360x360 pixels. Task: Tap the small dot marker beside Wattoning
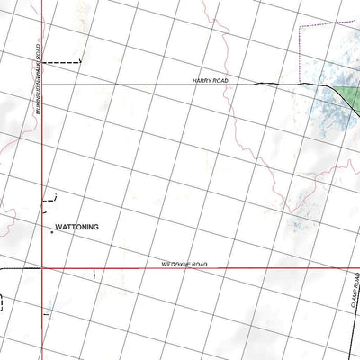coord(51,233)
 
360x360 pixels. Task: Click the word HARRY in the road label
coord(201,80)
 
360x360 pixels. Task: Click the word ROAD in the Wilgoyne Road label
coord(198,264)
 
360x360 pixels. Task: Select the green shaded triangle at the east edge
coord(346,91)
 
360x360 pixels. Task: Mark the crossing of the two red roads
coord(42,268)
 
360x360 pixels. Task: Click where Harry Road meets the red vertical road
coord(42,84)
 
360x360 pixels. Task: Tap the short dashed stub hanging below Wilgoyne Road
coord(94,274)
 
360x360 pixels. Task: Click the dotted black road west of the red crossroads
coord(18,268)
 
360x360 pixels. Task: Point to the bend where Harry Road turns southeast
coord(319,85)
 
